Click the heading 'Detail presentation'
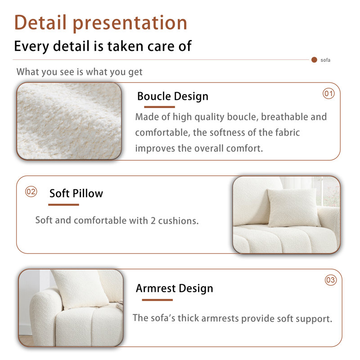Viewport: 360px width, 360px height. [100, 23]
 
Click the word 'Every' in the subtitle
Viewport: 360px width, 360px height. [31, 46]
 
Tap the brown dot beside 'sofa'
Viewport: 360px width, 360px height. [314, 60]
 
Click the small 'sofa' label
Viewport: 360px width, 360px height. [325, 60]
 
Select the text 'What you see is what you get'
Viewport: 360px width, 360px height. [80, 72]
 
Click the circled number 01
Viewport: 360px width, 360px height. [328, 94]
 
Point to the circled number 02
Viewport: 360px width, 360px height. [31, 192]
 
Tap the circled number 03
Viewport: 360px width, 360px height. [331, 280]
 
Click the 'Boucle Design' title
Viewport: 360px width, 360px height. [173, 96]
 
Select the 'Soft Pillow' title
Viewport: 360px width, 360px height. [76, 193]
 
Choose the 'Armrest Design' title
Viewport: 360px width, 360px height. [175, 288]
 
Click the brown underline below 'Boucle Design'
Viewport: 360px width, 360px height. [160, 107]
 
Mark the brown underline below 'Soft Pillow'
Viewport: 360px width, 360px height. [63, 205]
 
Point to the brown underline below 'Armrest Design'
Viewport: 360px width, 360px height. [157, 300]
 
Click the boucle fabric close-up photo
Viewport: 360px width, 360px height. [69, 121]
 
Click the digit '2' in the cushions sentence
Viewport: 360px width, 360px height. [153, 220]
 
